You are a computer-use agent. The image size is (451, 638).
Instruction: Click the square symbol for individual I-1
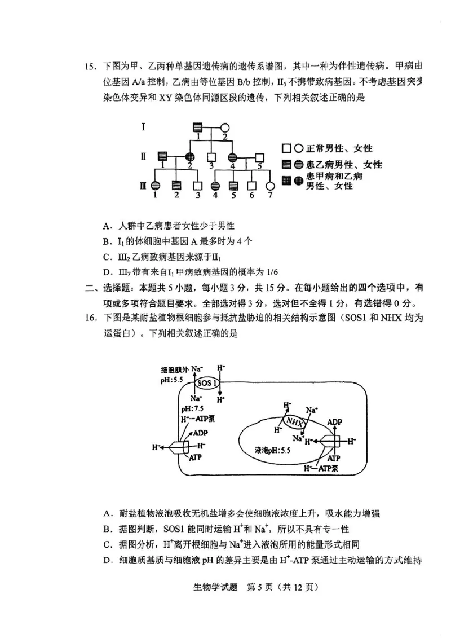coord(198,127)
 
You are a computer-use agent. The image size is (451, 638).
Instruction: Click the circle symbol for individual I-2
coord(224,127)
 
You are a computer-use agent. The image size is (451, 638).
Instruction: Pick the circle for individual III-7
coord(270,185)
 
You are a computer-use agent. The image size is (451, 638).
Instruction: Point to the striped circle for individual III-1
coord(156,185)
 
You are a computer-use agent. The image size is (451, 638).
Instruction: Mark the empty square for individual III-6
coord(252,185)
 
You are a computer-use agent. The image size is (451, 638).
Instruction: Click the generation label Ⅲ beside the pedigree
coord(144,185)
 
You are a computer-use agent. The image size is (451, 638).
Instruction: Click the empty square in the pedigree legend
coord(286,149)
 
